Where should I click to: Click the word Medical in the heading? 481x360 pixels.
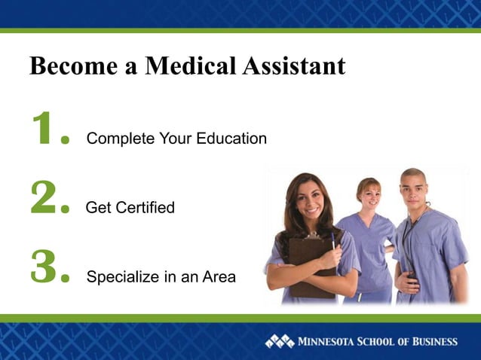pyautogui.click(x=191, y=66)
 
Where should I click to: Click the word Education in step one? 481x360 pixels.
pyautogui.click(x=231, y=139)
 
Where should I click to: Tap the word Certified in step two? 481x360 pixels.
pyautogui.click(x=142, y=207)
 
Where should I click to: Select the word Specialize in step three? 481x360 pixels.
pyautogui.click(x=122, y=277)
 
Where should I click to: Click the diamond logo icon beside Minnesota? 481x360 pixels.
pyautogui.click(x=280, y=341)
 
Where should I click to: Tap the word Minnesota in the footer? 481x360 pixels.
pyautogui.click(x=329, y=342)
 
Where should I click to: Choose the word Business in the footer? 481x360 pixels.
pyautogui.click(x=430, y=342)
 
